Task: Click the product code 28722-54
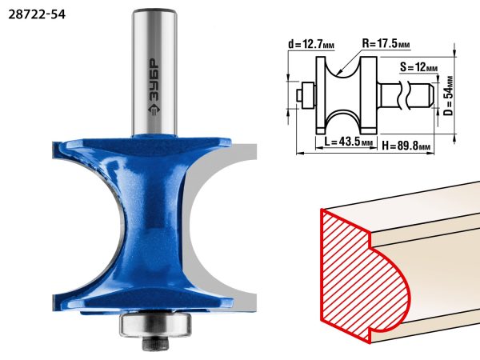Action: tap(37, 14)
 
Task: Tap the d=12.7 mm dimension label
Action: tap(311, 45)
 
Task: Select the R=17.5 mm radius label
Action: tap(386, 43)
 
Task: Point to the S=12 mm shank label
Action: tap(418, 67)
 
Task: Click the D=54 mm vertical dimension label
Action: tap(449, 95)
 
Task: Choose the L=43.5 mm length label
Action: tap(348, 142)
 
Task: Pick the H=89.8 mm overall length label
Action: tap(406, 146)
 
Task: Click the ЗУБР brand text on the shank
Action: tap(154, 80)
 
